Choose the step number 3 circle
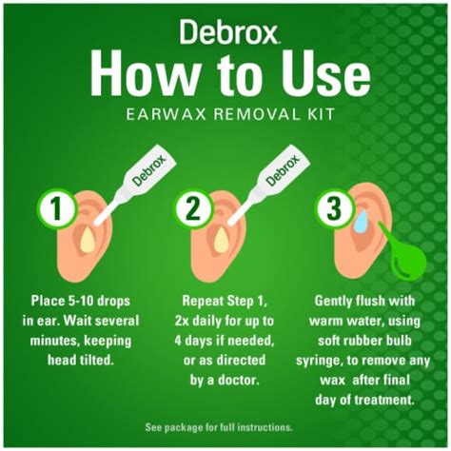click(334, 208)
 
